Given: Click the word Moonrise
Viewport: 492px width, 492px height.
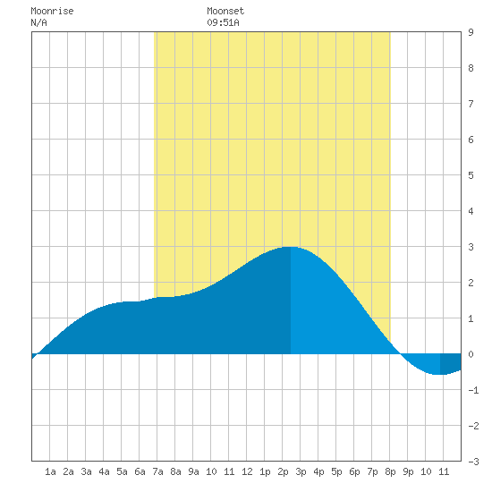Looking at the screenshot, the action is tap(52, 11).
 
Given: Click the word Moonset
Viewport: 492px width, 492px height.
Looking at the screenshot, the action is tap(225, 11).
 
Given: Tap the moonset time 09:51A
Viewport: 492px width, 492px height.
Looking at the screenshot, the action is tap(223, 22).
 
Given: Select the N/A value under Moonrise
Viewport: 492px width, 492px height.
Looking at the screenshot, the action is tap(38, 22).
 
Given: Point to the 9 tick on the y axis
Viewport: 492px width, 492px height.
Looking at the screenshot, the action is tap(471, 32).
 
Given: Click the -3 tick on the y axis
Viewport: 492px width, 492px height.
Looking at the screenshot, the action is tap(473, 462).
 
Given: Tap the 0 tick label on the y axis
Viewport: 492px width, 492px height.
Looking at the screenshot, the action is tap(471, 354).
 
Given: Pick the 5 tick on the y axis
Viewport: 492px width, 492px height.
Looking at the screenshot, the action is tap(471, 175).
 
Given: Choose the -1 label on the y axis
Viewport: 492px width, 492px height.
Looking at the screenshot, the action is tap(473, 390).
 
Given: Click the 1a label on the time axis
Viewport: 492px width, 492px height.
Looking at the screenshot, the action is tap(50, 471).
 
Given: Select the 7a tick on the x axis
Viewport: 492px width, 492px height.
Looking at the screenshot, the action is tap(157, 471).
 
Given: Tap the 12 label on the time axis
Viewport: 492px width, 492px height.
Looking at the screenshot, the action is tap(247, 471).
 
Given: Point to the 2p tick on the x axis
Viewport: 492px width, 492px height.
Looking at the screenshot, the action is tap(283, 471).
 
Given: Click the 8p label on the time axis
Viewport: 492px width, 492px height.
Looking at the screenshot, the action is tap(390, 471).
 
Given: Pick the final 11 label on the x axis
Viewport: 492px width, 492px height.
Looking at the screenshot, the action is tap(444, 471).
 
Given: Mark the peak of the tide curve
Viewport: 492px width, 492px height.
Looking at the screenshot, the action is tap(291, 247).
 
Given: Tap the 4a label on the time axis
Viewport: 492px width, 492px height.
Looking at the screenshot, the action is tap(104, 471).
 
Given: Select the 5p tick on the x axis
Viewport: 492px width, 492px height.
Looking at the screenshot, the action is tap(336, 471).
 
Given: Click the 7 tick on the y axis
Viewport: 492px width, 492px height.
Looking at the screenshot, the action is tap(471, 104).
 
